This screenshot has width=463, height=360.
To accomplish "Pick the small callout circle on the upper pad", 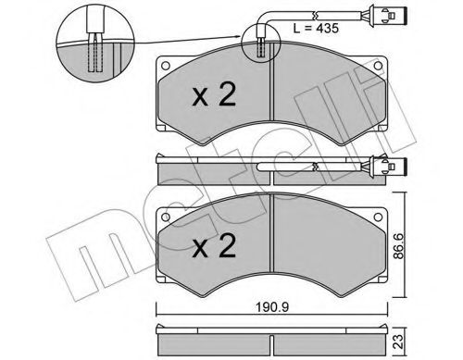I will (261, 43).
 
